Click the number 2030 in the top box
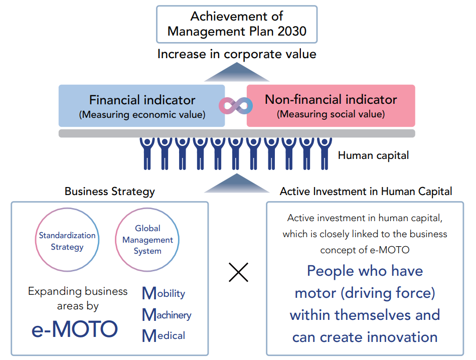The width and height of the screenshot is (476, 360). [292, 31]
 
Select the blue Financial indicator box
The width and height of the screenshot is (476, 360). [142, 106]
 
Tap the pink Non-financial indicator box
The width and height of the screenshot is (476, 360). [331, 106]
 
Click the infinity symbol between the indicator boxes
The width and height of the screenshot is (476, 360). [236, 106]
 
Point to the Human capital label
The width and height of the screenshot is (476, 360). [373, 155]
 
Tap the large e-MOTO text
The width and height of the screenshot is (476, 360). [75, 329]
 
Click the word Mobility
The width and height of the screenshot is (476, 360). [164, 293]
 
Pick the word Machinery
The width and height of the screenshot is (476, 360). [167, 315]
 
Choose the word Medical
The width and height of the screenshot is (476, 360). [164, 336]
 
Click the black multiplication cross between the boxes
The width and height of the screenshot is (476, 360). [239, 272]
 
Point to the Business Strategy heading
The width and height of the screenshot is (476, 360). [109, 192]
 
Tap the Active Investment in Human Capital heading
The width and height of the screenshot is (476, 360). [366, 192]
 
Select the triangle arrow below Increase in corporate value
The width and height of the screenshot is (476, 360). [237, 72]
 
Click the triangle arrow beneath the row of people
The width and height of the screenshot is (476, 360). [237, 184]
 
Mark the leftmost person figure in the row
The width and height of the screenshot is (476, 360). [147, 153]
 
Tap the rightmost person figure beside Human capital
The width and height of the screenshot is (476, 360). [325, 153]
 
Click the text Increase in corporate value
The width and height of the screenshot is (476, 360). [237, 54]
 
